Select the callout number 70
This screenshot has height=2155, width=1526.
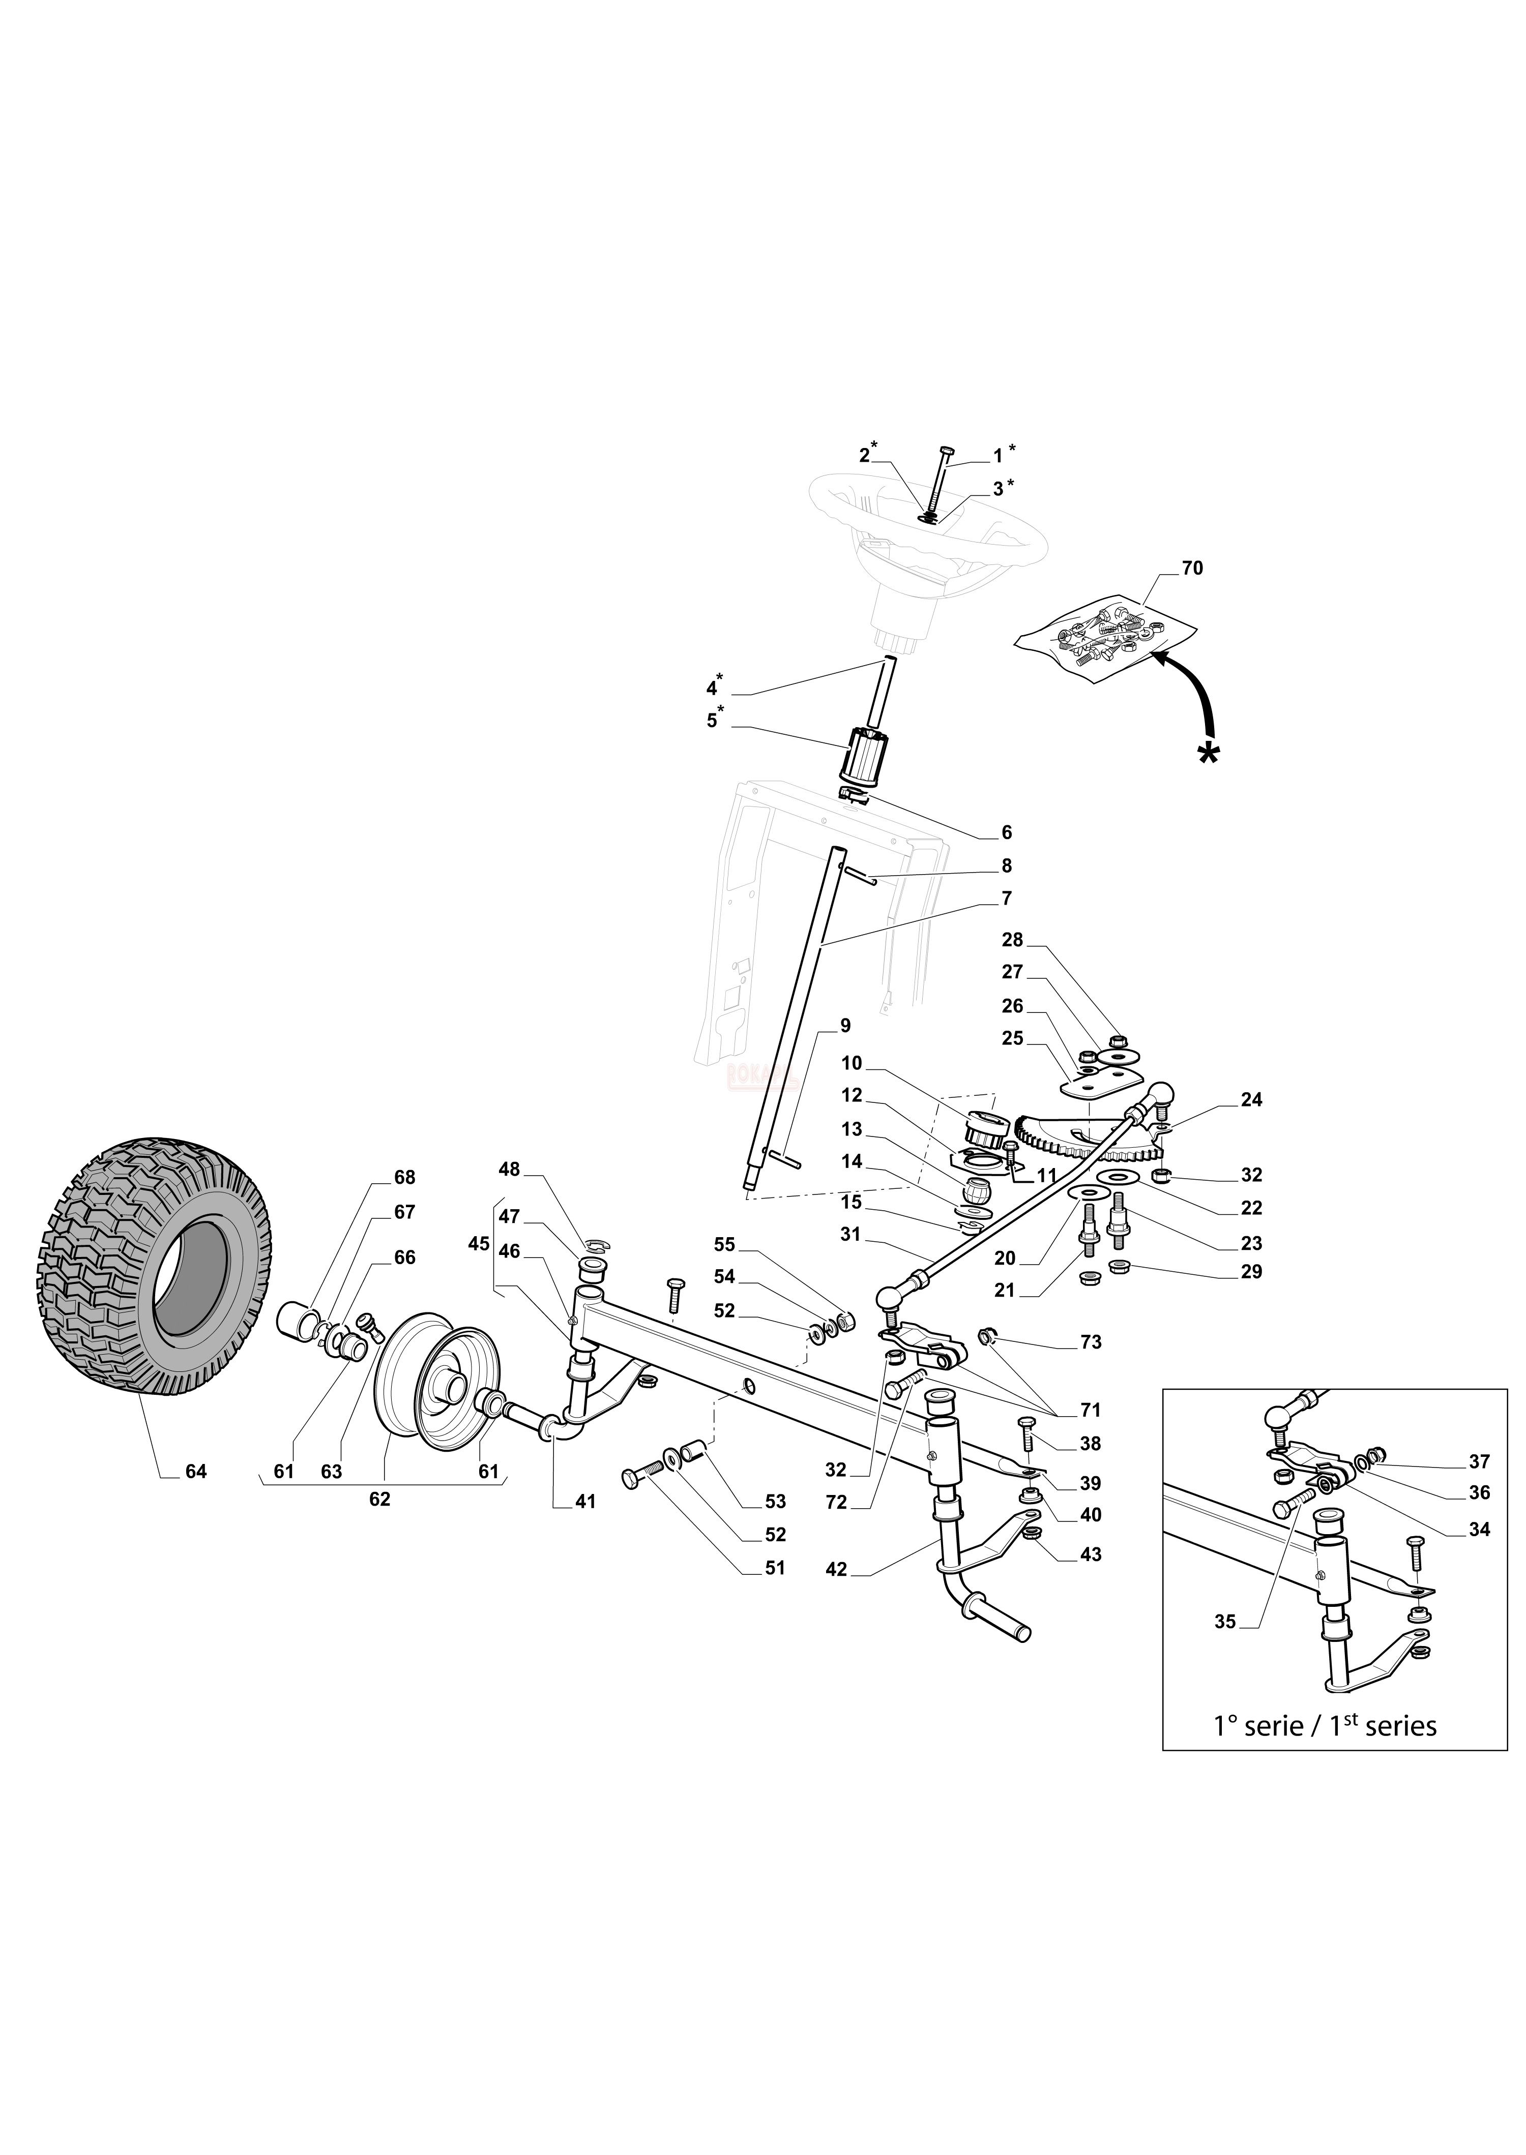(1191, 568)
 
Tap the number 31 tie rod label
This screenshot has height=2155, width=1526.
(850, 1235)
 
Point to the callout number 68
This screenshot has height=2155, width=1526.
(404, 1178)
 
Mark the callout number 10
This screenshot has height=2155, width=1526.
(852, 1063)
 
